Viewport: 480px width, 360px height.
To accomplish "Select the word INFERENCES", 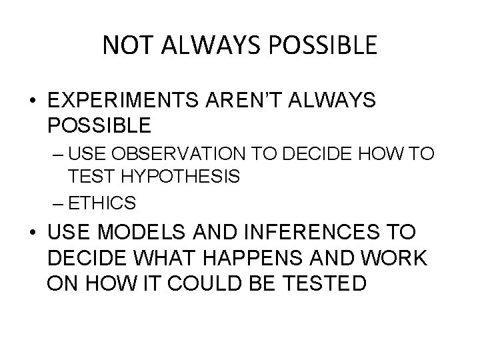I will click(303, 233).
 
